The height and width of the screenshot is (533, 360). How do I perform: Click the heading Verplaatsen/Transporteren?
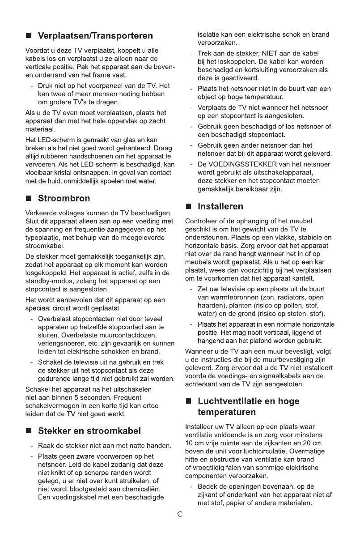(x=95, y=36)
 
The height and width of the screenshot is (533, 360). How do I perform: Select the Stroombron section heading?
(x=64, y=198)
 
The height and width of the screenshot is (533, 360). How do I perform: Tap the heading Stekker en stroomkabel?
(x=89, y=431)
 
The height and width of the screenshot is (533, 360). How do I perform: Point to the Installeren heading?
(x=220, y=206)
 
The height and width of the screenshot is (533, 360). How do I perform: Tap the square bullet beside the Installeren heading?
(x=189, y=207)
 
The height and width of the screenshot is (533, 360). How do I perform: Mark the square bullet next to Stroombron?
(x=29, y=199)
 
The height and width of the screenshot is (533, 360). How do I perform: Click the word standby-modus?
(x=47, y=281)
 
